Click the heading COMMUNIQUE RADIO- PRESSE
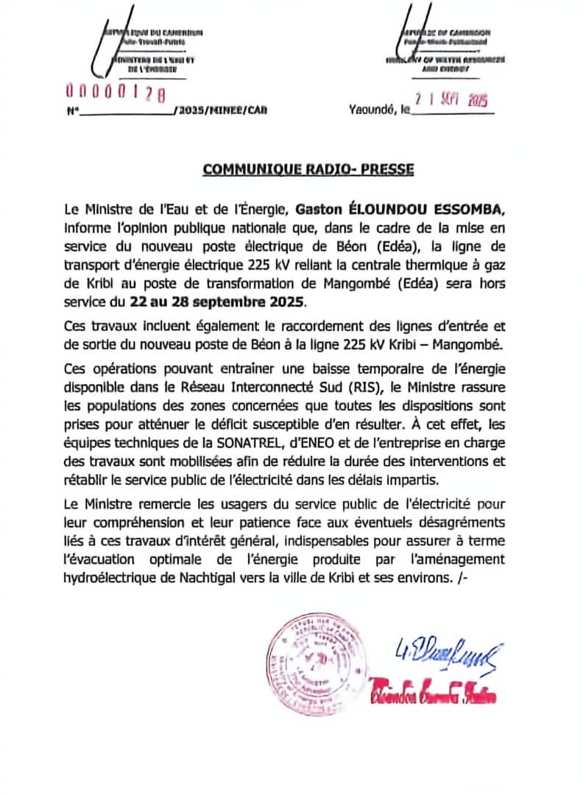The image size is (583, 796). [308, 170]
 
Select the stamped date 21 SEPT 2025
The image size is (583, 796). [451, 100]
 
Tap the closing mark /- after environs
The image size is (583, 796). [462, 578]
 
